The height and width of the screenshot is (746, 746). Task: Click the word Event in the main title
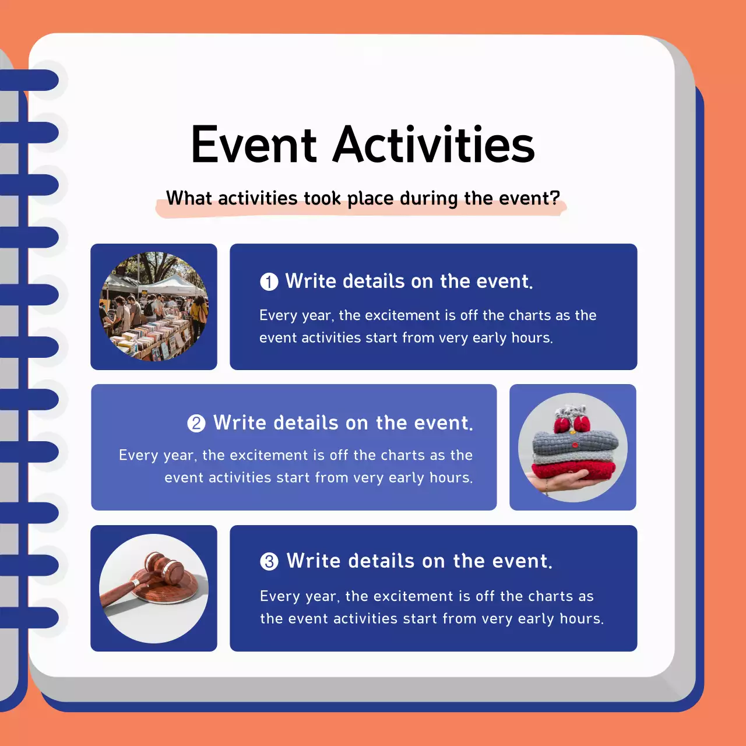(254, 145)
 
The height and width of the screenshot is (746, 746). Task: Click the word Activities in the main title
(434, 145)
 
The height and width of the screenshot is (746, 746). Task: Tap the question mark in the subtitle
(555, 198)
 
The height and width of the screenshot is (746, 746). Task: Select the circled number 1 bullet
(269, 282)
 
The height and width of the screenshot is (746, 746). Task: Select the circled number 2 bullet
(196, 423)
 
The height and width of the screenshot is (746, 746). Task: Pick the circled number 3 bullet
(269, 561)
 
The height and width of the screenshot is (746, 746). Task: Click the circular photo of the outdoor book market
(154, 307)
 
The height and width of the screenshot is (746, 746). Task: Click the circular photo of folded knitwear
(573, 448)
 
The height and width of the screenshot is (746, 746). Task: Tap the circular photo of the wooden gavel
(154, 589)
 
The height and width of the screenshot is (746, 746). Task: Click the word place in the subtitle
(371, 199)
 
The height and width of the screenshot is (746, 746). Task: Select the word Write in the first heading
(311, 281)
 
